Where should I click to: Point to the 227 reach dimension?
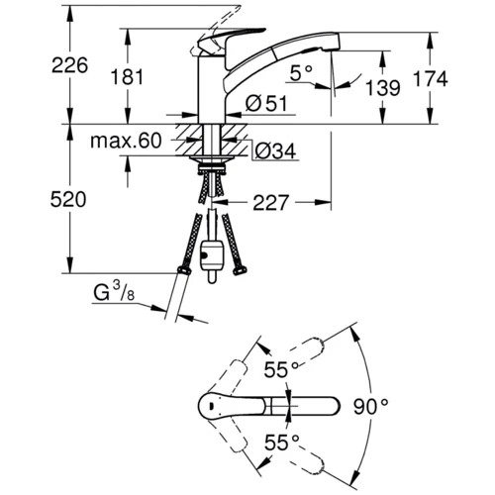[270, 203]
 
